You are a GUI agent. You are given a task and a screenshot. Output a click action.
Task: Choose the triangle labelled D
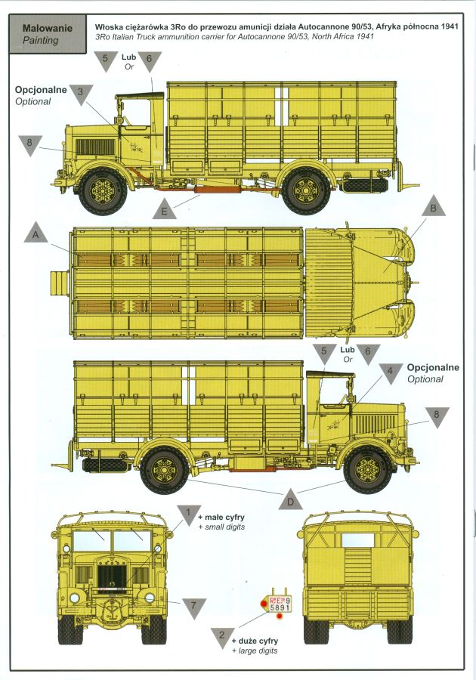(x=291, y=499)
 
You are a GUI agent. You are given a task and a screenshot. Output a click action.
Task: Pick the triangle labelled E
(x=164, y=209)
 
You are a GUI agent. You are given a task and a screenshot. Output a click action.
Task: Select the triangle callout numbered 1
(x=188, y=515)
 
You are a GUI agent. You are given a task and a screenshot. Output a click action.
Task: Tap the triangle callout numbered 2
(x=222, y=638)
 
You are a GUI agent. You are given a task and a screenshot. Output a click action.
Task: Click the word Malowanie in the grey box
(x=42, y=29)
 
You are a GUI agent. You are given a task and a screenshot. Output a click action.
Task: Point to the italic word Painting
(x=41, y=40)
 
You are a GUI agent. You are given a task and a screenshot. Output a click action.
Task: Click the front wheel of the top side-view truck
(x=104, y=191)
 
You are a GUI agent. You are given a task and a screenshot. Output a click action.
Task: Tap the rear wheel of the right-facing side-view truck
(x=165, y=470)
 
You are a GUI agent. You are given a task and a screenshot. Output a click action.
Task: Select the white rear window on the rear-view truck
(x=357, y=540)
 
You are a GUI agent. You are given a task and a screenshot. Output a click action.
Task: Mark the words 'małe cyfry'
(x=224, y=517)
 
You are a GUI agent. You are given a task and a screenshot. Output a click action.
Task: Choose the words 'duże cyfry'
(x=258, y=641)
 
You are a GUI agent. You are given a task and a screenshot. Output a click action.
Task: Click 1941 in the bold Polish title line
(x=450, y=26)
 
